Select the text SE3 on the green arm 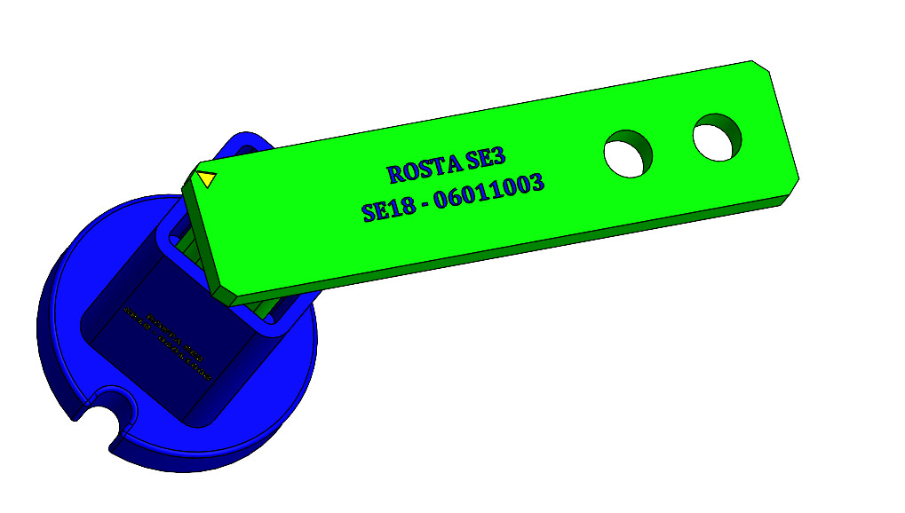[485, 160]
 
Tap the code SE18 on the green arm [386, 209]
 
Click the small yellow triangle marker [206, 178]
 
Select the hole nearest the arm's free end [717, 137]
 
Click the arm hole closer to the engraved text [628, 154]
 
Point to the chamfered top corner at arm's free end [762, 67]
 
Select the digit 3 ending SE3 [499, 158]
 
